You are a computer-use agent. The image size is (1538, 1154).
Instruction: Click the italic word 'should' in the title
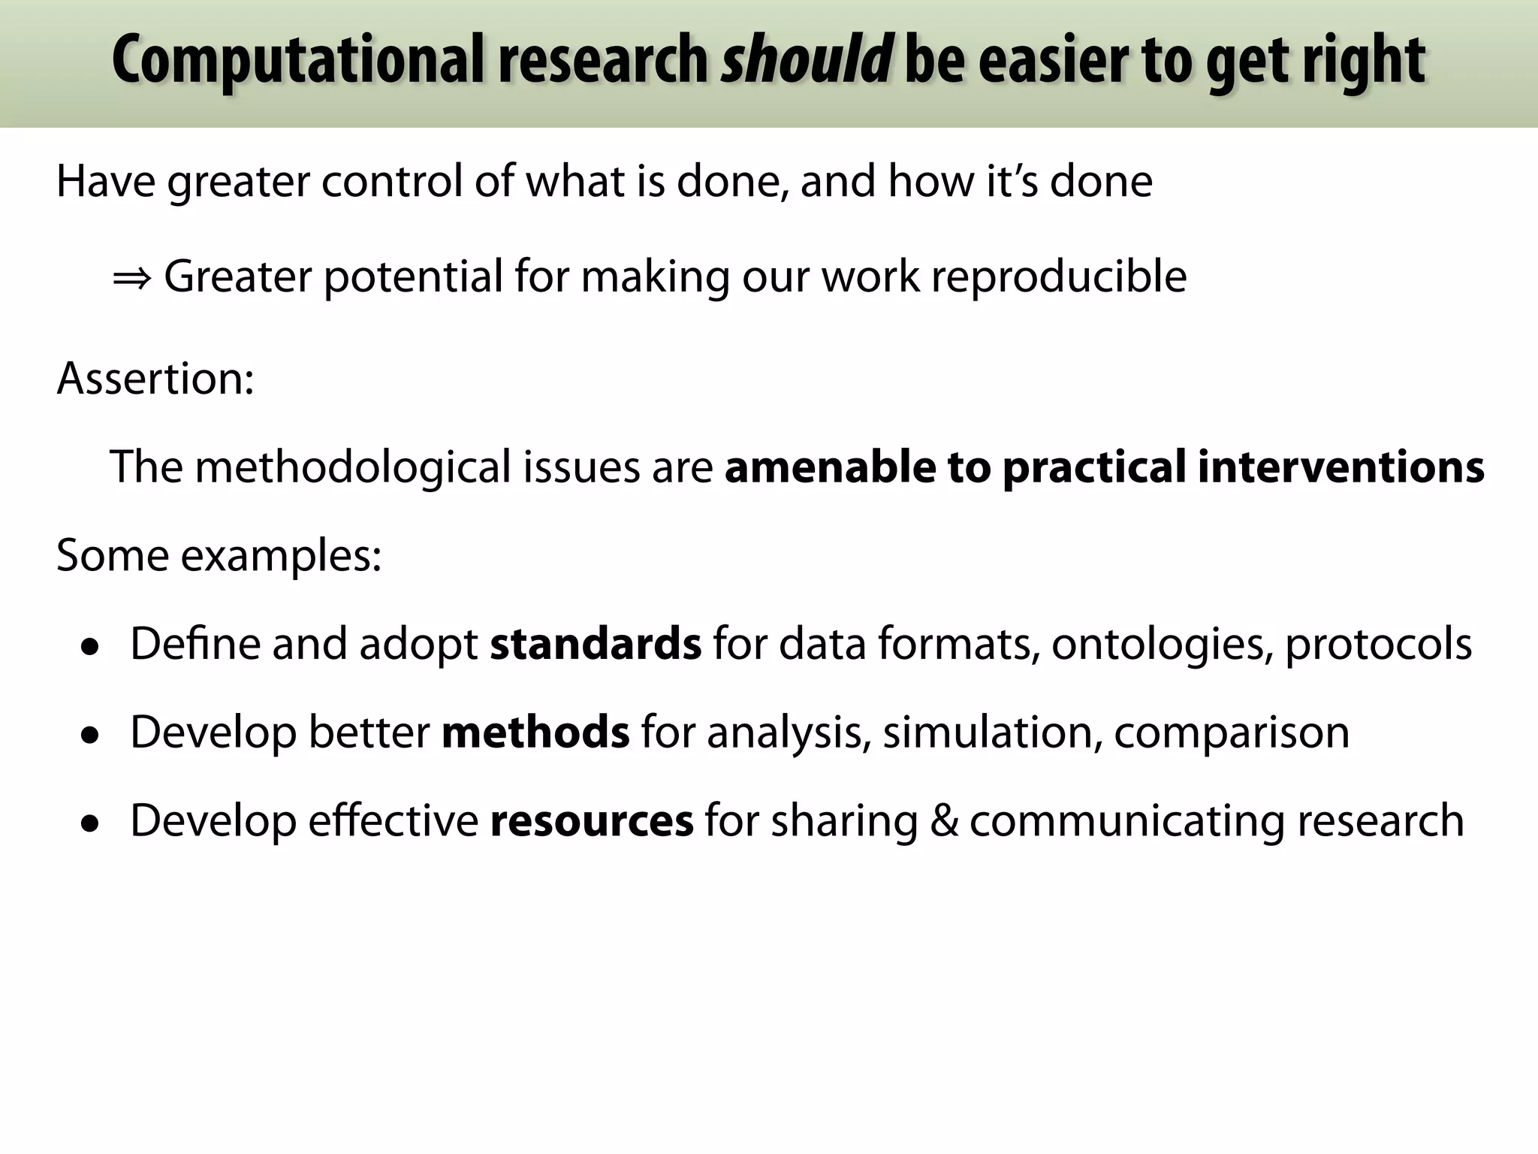[x=806, y=60]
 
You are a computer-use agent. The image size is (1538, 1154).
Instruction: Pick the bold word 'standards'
[x=596, y=644]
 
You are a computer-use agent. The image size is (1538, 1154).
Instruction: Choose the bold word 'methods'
[x=535, y=733]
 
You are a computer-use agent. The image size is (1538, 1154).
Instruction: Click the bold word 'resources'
[x=592, y=820]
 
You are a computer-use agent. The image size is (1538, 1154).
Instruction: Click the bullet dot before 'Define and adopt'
[x=91, y=647]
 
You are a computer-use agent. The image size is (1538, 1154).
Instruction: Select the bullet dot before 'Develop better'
[x=91, y=736]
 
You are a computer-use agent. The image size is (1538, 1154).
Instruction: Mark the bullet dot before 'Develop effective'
[x=91, y=823]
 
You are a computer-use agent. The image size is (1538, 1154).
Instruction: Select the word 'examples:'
[x=281, y=557]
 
